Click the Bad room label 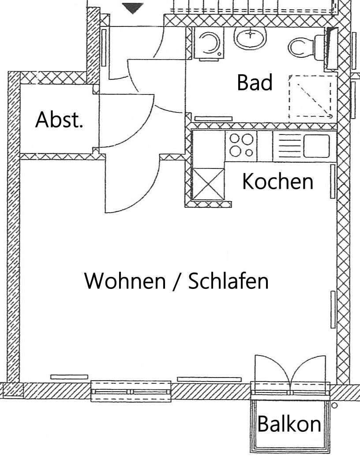coord(255,82)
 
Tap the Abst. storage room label coord(59,120)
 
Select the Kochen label coord(277,181)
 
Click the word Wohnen coord(125,281)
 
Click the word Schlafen coord(228,281)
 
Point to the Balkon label coord(289,424)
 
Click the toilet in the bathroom coord(306,47)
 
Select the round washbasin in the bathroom coord(250,37)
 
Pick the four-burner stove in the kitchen coord(241,146)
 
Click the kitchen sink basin coord(316,146)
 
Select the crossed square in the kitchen coord(208,184)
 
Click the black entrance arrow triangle coord(133,8)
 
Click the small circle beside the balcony coord(334,406)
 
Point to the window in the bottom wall coord(131,391)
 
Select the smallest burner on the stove coord(249,153)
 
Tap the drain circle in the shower coord(330,116)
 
